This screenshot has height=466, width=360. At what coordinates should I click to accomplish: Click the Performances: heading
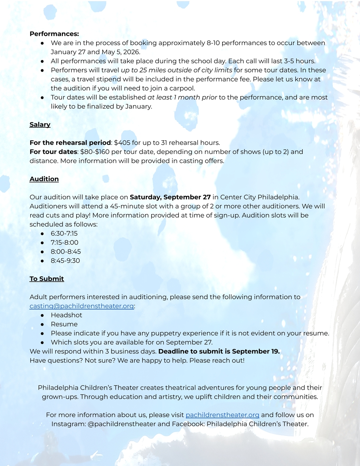(x=54, y=34)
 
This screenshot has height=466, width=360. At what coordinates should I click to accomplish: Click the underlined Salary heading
(x=40, y=125)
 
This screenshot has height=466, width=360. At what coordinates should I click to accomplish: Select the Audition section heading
(x=44, y=179)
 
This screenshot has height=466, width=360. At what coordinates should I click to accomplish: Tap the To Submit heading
(x=46, y=279)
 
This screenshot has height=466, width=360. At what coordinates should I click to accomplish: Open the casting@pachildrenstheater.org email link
(x=82, y=306)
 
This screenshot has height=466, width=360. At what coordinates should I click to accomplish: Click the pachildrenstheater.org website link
(x=222, y=415)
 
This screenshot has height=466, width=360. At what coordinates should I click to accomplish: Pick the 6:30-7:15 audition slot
(x=64, y=234)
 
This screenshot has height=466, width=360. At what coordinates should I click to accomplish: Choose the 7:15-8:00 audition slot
(x=64, y=243)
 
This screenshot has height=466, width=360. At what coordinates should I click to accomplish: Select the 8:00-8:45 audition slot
(x=66, y=252)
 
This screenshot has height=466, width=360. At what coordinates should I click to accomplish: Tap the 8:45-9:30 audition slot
(x=65, y=261)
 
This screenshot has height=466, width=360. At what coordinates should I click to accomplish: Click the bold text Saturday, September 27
(x=170, y=197)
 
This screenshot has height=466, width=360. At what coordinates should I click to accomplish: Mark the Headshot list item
(x=66, y=315)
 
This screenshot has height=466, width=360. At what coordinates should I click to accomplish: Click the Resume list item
(x=64, y=324)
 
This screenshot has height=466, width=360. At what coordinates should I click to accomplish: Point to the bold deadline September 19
(x=256, y=351)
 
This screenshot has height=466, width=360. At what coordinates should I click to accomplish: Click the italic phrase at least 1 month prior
(x=182, y=97)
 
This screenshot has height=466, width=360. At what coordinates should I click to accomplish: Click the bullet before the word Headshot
(x=42, y=315)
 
